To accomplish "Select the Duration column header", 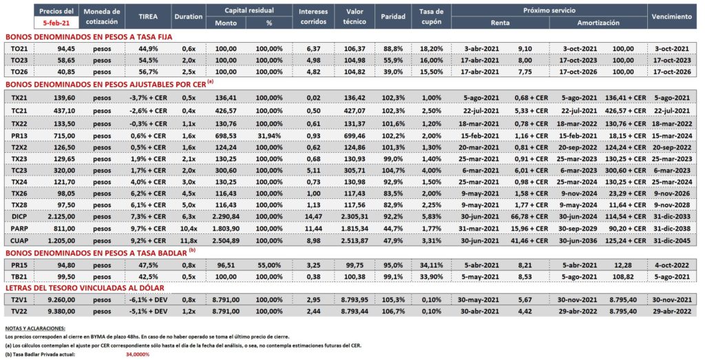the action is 189,17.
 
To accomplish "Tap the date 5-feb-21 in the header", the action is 56,21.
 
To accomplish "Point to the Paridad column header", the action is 393,17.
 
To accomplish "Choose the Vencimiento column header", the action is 672,17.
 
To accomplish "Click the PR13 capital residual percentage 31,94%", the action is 269,136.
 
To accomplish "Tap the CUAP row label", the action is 19,240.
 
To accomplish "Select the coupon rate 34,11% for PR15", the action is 432,265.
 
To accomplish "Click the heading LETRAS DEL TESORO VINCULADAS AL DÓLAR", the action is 85,288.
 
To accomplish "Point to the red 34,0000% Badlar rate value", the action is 138,354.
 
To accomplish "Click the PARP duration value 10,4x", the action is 189,229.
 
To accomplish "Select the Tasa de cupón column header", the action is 431,17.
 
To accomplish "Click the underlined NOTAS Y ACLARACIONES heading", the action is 35,328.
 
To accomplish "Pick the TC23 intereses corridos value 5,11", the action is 313,171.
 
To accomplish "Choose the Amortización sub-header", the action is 598,23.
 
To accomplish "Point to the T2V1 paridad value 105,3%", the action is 392,300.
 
